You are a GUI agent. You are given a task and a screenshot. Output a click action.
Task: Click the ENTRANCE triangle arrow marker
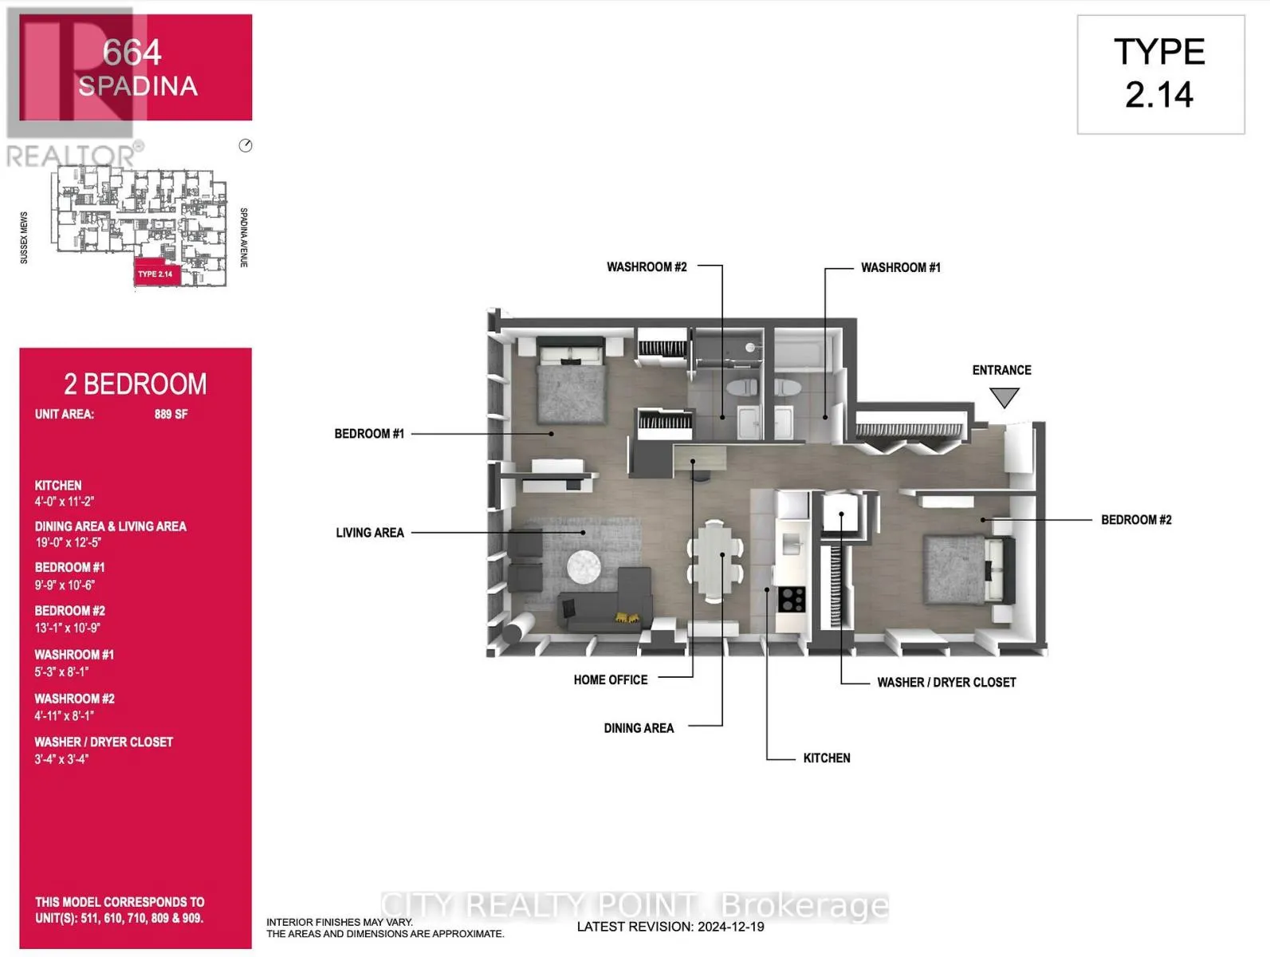tap(1004, 397)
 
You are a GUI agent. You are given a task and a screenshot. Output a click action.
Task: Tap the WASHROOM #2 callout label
tap(647, 267)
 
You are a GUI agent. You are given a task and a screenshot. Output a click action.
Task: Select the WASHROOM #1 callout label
tap(900, 268)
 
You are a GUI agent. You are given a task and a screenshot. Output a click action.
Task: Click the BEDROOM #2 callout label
tap(1135, 520)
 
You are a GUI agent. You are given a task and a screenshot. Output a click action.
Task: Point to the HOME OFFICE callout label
tap(610, 680)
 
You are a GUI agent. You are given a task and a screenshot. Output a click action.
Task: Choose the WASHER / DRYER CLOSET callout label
tap(946, 683)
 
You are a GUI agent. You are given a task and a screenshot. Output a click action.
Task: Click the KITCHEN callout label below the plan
tap(826, 758)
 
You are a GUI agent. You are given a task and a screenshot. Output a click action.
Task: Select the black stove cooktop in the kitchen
tap(791, 599)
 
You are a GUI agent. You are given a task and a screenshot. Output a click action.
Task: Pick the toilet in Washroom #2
tap(741, 388)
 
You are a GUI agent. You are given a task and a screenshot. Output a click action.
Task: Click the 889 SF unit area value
tap(171, 415)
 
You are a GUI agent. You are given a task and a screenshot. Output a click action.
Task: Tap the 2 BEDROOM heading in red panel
tap(135, 384)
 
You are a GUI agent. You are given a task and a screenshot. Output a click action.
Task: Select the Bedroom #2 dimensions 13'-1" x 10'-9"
tap(67, 628)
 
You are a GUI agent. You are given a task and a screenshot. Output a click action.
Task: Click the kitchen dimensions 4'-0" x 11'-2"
tap(64, 502)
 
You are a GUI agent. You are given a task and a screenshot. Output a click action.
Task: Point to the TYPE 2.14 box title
tap(1159, 73)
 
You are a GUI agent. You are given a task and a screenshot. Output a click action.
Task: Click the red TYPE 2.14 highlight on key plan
tap(156, 274)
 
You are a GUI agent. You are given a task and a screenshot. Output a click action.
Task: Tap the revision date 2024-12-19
tap(730, 927)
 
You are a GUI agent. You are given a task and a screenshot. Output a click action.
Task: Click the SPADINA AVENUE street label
tap(243, 237)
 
